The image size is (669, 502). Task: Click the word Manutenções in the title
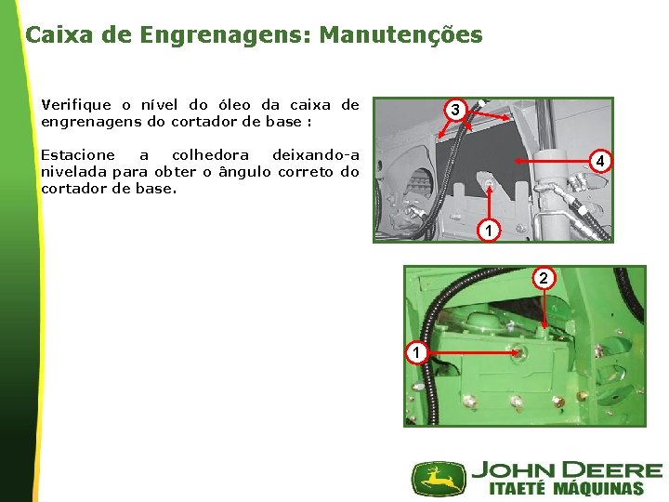click(401, 34)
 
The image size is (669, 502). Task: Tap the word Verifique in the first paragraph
click(76, 105)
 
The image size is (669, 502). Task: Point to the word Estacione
click(78, 154)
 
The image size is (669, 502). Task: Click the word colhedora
click(210, 154)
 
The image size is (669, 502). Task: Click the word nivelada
click(73, 172)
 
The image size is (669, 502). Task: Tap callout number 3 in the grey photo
click(455, 110)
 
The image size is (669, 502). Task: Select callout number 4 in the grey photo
click(600, 162)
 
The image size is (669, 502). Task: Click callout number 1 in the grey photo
click(489, 231)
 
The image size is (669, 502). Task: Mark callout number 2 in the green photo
click(544, 278)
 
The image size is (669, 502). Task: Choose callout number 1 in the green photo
click(416, 352)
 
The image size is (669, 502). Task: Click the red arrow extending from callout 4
click(552, 162)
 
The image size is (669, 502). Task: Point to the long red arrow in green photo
click(474, 352)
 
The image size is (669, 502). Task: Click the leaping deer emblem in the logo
click(439, 479)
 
